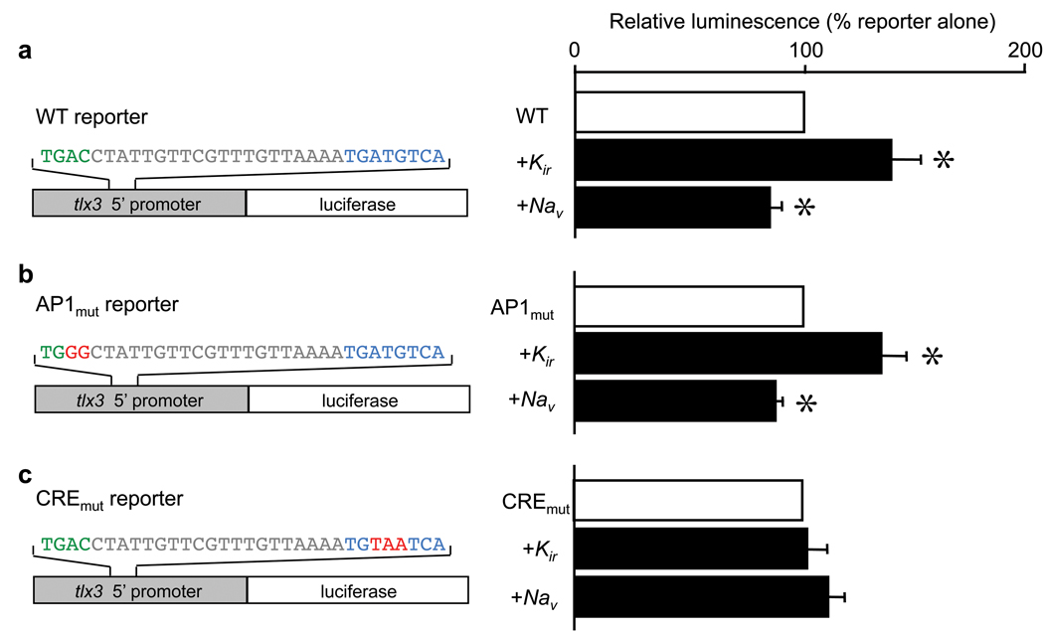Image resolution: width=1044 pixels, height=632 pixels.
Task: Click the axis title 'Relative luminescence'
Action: point(715,21)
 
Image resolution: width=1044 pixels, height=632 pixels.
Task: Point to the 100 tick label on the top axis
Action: point(804,51)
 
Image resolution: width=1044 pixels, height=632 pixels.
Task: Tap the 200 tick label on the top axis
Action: point(1025,51)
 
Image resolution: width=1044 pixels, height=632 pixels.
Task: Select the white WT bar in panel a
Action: point(690,112)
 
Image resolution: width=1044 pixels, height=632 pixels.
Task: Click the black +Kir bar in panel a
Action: point(733,160)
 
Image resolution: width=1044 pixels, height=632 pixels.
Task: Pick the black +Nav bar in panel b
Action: point(675,401)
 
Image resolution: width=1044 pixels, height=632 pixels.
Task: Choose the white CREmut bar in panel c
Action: point(688,500)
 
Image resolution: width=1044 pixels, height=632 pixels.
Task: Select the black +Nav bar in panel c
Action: point(702,597)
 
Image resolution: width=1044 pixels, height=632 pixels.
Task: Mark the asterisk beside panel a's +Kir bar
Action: point(943,160)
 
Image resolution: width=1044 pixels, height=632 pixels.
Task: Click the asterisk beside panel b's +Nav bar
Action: point(806,403)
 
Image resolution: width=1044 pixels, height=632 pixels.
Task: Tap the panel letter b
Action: point(26,273)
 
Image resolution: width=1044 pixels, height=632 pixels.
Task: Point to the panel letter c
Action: point(25,476)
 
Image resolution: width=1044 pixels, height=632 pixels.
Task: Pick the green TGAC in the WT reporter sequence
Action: point(66,156)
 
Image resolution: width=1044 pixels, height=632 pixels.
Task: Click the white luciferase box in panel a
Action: point(357,203)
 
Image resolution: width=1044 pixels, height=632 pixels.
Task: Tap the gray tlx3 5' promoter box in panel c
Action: point(140,590)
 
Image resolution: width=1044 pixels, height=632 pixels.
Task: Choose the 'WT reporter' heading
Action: point(91,116)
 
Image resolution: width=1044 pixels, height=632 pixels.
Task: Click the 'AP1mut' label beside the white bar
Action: point(523,308)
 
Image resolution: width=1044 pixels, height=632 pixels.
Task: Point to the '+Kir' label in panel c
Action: point(540,551)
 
